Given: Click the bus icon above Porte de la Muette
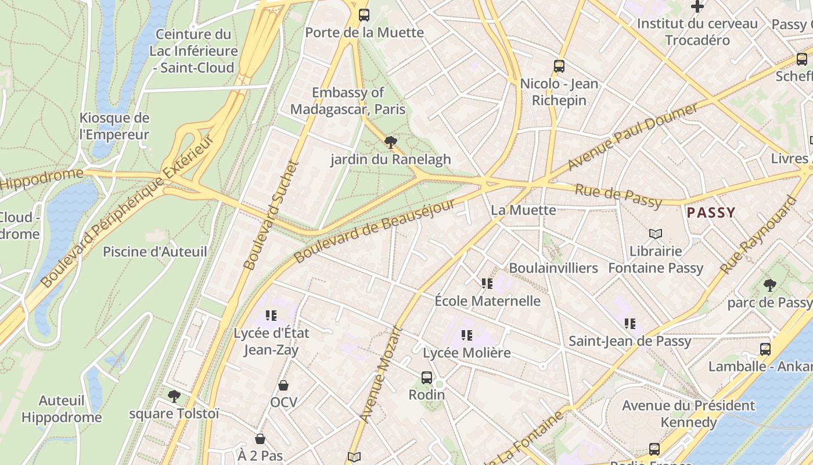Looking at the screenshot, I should point(364,15).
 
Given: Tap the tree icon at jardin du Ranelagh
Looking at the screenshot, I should point(391,142).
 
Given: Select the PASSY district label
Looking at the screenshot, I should point(711,213).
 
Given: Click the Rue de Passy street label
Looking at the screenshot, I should point(618,196).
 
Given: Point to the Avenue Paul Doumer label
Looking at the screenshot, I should point(632,137).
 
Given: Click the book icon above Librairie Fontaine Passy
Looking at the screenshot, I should point(656,234).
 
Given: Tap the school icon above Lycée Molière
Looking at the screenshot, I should point(467,335).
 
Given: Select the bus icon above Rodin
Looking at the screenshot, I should point(427,378).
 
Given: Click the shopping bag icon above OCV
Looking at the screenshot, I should point(283,385).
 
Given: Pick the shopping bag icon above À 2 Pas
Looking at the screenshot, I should point(260,439).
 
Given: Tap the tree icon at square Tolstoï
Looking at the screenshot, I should point(174,396).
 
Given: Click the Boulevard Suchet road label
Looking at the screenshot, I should point(270,216).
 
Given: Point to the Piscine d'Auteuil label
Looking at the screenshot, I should point(154,252).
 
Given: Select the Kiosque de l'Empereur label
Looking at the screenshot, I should point(114,126).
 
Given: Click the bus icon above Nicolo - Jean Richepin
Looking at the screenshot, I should point(559,66).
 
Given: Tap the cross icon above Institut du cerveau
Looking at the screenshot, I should point(697,6).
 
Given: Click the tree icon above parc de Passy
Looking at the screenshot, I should point(770,285).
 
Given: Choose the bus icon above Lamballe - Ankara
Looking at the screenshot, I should point(765,349).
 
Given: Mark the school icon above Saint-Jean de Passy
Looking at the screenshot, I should point(630,324).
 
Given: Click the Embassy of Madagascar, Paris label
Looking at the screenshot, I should point(348,101).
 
